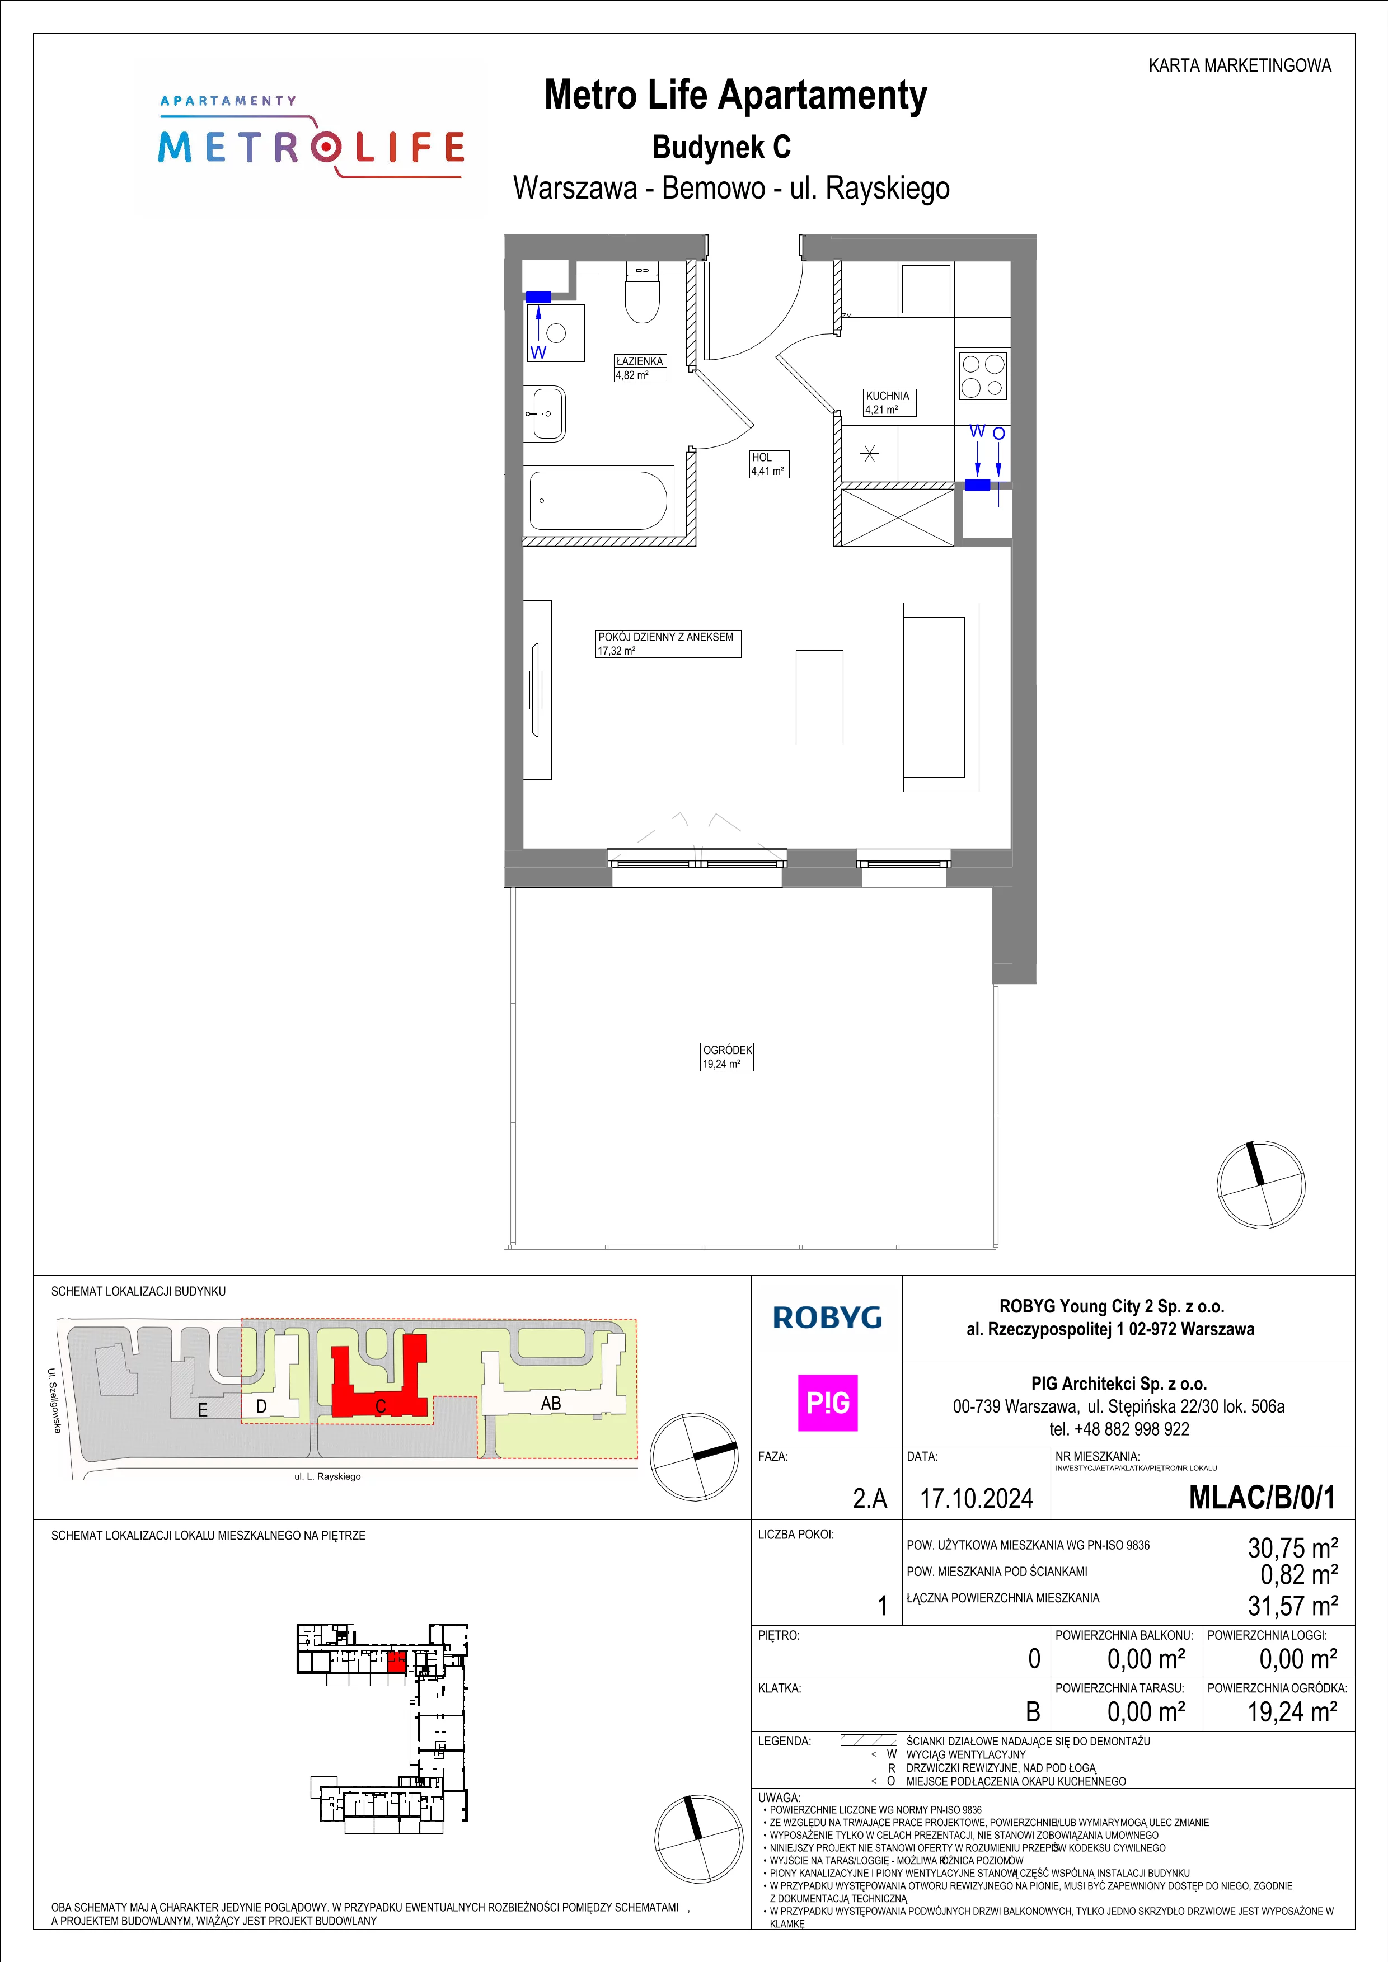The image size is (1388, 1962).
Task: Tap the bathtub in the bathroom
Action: (x=598, y=501)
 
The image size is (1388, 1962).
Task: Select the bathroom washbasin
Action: (x=547, y=413)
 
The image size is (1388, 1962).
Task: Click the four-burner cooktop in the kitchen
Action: (x=983, y=376)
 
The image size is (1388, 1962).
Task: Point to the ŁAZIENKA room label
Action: (x=639, y=361)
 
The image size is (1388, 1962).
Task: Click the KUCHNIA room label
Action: (x=887, y=396)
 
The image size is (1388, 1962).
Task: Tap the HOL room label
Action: (x=762, y=457)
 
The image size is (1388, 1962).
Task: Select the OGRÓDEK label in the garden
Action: (x=728, y=1050)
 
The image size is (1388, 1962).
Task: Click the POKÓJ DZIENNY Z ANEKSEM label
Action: (x=666, y=637)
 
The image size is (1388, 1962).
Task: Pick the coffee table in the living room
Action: (x=819, y=697)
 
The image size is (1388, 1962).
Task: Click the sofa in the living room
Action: (x=941, y=697)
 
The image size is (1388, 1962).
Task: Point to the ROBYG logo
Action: (x=827, y=1317)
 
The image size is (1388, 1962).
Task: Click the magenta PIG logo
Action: (x=827, y=1403)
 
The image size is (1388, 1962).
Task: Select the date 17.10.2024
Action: (x=976, y=1498)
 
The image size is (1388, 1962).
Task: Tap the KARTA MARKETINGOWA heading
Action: (x=1239, y=65)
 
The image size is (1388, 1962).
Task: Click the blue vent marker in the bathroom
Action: (x=538, y=297)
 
